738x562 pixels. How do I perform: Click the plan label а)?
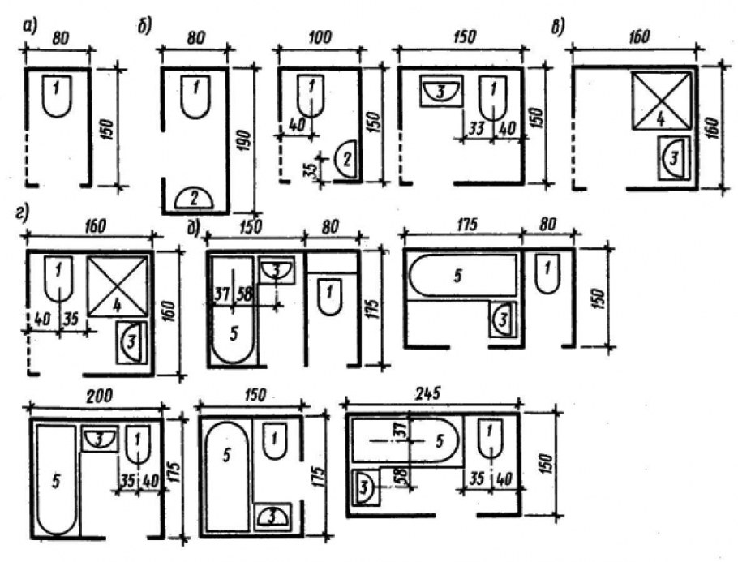click(30, 28)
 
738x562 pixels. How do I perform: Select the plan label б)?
click(145, 28)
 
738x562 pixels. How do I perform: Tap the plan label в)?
click(558, 28)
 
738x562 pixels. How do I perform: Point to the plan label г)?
click(22, 213)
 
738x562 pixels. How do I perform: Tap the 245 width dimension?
click(430, 393)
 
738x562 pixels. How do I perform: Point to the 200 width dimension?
click(99, 396)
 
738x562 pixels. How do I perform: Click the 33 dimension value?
click(476, 128)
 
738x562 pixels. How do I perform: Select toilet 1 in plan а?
click(57, 96)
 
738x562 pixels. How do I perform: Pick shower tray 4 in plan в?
click(661, 100)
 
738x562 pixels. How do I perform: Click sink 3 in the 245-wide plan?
click(366, 487)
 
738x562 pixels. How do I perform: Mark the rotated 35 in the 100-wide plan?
click(309, 168)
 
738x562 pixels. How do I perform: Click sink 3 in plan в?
click(675, 158)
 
